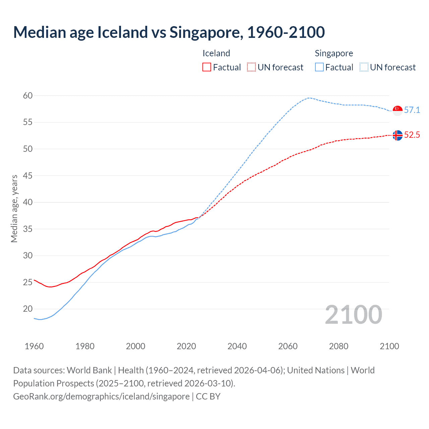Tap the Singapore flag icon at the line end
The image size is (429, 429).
tap(397, 110)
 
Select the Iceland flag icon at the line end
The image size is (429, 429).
tap(397, 135)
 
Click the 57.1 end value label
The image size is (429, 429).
tap(412, 110)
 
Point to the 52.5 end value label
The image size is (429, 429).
tap(412, 135)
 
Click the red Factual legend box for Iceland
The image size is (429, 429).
tap(207, 67)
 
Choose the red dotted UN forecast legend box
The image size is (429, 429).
tap(251, 67)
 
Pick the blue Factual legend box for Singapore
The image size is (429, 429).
tap(319, 67)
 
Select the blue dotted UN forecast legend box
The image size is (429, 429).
tap(364, 67)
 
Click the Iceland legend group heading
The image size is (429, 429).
tap(216, 53)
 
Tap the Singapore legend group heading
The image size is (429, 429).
tap(334, 53)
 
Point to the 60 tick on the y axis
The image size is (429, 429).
tap(28, 96)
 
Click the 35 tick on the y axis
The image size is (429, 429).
tap(28, 229)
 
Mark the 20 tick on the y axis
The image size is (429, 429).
tap(28, 309)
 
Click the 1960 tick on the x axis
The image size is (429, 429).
tap(34, 346)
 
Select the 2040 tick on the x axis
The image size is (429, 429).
tap(237, 346)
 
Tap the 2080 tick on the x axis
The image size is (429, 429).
tap(339, 346)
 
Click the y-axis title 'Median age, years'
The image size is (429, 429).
tap(14, 208)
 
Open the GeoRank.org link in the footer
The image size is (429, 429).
tap(101, 396)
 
